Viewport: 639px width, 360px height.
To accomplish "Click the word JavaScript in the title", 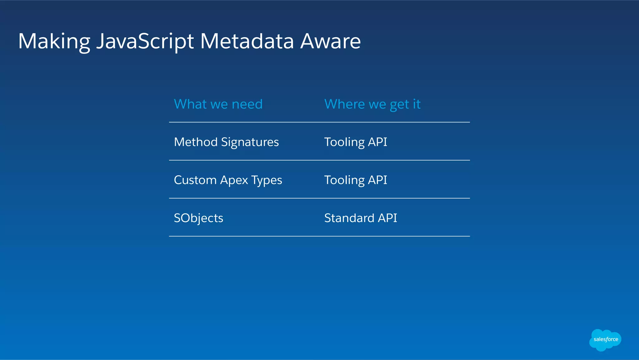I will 145,41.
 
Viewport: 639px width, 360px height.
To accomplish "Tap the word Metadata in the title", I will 247,41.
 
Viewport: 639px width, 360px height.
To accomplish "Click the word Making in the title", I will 54,41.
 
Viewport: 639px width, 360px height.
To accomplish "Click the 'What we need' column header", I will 218,104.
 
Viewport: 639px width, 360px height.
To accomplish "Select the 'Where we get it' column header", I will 372,104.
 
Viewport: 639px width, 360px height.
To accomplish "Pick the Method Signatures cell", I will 226,142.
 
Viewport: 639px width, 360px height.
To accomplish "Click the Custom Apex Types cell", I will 228,180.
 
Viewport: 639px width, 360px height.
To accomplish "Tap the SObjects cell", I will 198,218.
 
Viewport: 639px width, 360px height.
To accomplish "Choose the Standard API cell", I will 360,218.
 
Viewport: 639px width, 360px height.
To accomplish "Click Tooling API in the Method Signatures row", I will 355,142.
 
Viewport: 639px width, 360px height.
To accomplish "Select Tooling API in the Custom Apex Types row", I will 355,180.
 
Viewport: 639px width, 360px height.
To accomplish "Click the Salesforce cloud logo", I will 605,339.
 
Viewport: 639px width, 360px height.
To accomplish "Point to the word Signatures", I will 250,142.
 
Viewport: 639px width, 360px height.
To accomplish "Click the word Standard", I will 349,218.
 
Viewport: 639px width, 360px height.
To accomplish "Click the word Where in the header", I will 344,104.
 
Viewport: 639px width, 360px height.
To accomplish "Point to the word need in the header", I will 247,104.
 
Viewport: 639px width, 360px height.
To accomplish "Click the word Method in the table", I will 196,142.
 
